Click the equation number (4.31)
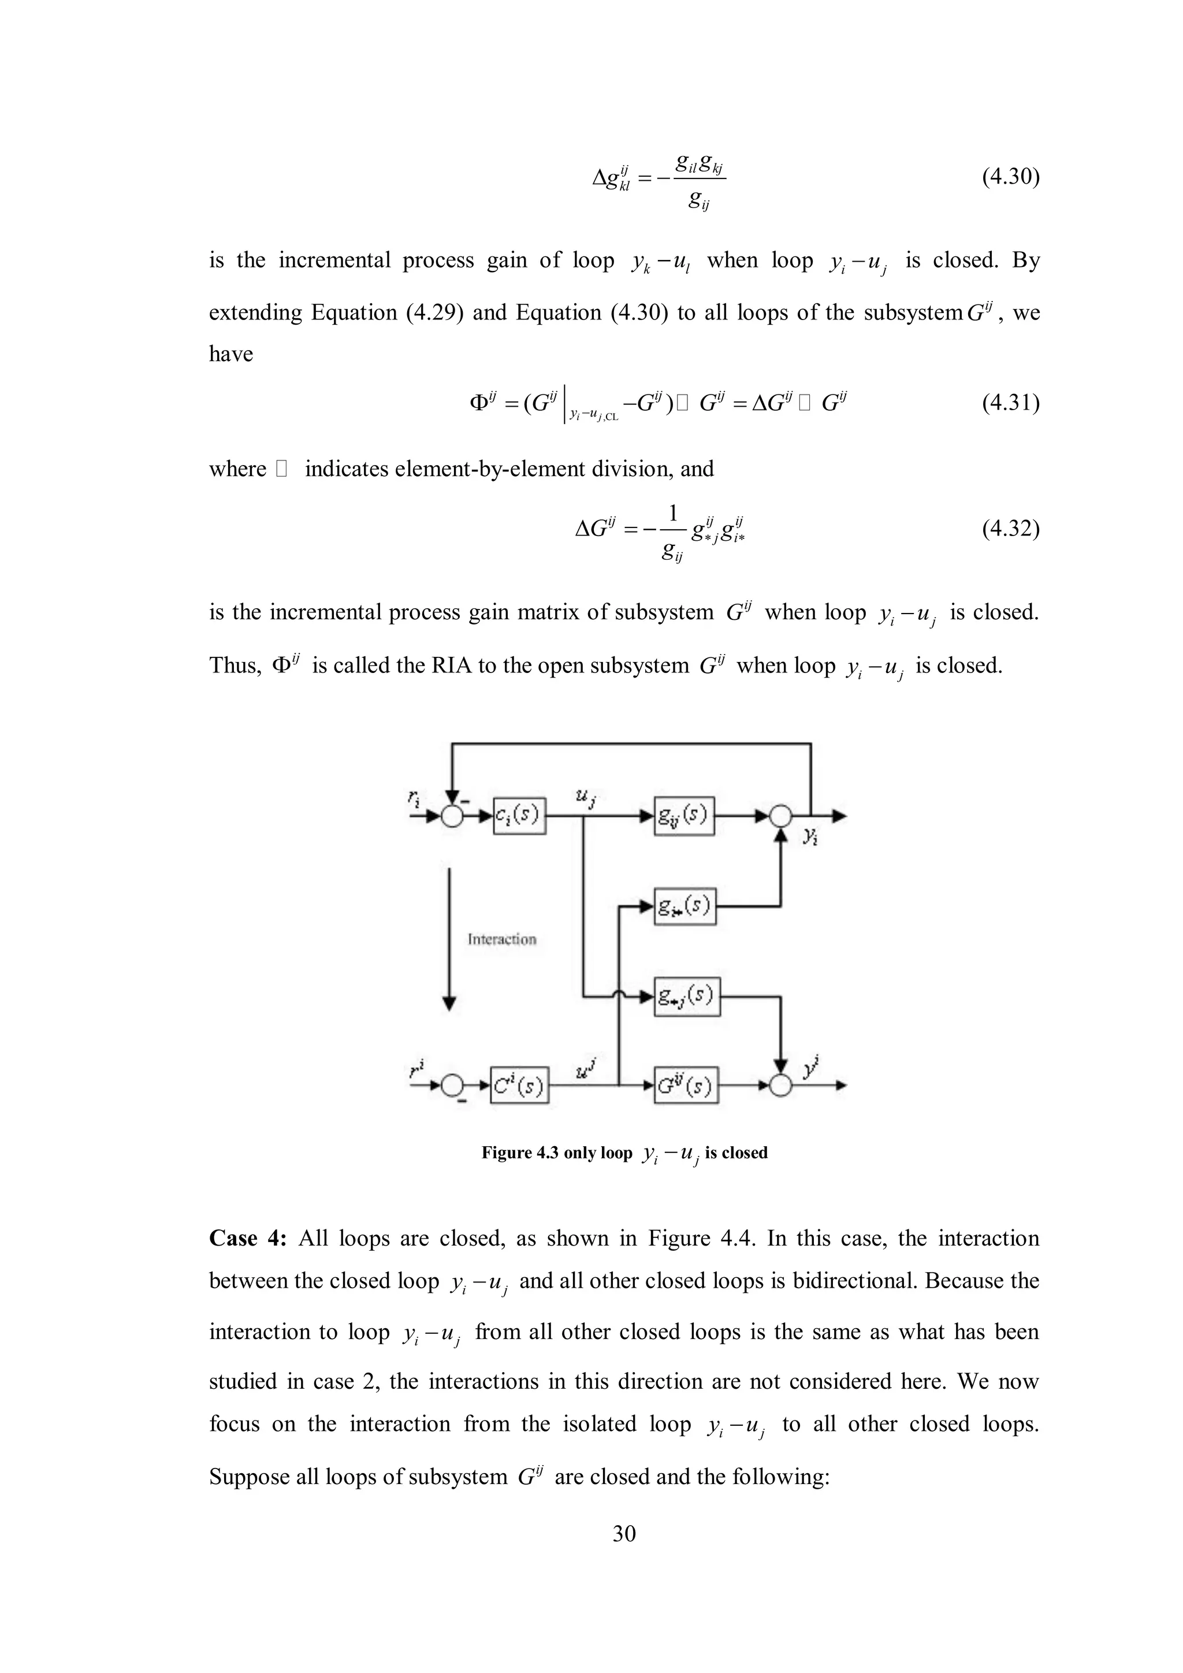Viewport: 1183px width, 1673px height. [x=1010, y=402]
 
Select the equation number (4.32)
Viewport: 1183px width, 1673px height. [x=1010, y=527]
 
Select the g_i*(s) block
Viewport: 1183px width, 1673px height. [x=684, y=906]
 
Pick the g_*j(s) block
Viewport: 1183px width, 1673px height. [x=686, y=996]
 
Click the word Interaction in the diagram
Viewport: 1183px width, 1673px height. [x=502, y=939]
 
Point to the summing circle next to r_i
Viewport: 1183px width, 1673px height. [x=453, y=816]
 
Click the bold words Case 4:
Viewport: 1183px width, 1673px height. [x=248, y=1238]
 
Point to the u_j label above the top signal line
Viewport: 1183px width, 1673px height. [x=583, y=797]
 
